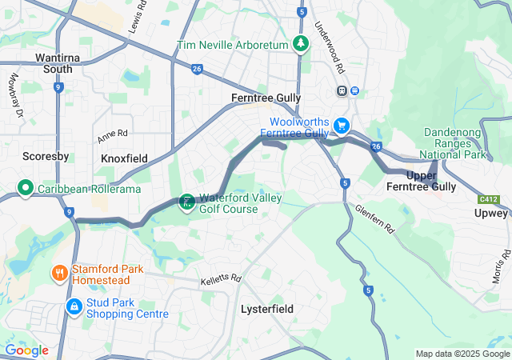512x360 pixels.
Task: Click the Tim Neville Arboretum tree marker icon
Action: [300, 44]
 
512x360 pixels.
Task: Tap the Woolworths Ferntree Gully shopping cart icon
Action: [342, 126]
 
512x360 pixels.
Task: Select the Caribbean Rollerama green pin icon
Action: [26, 189]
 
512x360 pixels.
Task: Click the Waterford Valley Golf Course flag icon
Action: [186, 202]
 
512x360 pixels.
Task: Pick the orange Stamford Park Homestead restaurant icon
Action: [60, 274]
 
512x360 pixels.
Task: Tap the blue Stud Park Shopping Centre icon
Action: [74, 306]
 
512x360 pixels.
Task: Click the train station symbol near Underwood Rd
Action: [342, 90]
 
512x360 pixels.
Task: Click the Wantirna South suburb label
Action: [54, 63]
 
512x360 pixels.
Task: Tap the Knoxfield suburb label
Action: [124, 158]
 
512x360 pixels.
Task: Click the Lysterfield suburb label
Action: [267, 309]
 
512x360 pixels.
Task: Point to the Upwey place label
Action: [490, 214]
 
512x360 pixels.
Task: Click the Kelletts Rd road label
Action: [221, 279]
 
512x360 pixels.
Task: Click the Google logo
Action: [27, 350]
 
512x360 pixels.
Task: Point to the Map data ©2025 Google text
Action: [462, 354]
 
